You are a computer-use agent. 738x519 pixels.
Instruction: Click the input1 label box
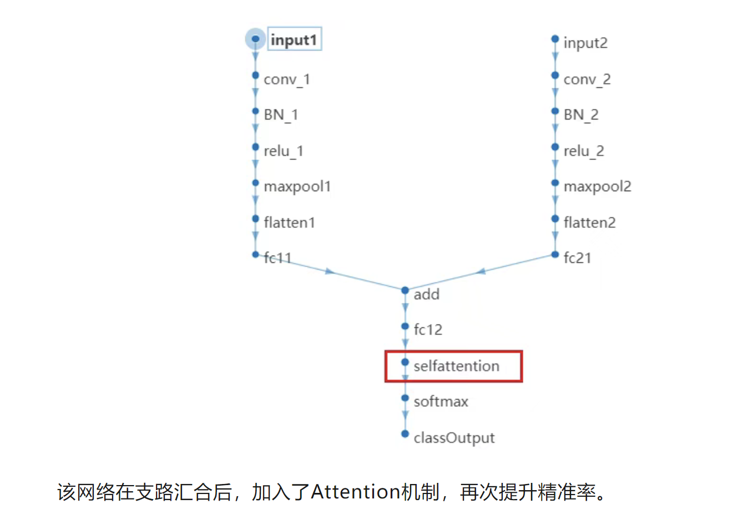[x=294, y=39]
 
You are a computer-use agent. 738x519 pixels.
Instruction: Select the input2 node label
[x=585, y=43]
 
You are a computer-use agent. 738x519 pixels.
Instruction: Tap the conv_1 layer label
[x=287, y=79]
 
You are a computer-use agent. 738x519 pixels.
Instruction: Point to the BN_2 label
[x=581, y=115]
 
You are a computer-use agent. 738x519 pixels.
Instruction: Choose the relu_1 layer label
[x=284, y=151]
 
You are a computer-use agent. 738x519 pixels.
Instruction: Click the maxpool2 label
[x=598, y=187]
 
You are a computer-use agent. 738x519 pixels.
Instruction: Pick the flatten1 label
[x=290, y=223]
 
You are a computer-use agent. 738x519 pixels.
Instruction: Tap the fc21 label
[x=578, y=258]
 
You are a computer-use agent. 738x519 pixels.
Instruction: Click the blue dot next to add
[x=405, y=290]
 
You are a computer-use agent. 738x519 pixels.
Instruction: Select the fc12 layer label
[x=428, y=330]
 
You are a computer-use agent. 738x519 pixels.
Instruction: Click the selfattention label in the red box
[x=457, y=366]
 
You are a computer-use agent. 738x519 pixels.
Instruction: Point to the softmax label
[x=441, y=402]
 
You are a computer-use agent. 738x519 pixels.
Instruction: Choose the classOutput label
[x=454, y=438]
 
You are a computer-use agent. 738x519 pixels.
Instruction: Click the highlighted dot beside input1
[x=255, y=39]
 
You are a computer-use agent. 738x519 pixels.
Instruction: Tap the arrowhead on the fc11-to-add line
[x=330, y=272]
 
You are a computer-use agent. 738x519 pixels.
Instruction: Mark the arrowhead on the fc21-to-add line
[x=481, y=271]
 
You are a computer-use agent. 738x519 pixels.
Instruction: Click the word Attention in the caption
[x=356, y=492]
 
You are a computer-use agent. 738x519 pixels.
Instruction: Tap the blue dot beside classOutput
[x=405, y=433]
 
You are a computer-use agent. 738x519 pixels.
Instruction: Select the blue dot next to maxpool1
[x=255, y=183]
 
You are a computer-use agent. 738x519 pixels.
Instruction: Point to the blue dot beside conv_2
[x=555, y=75]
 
